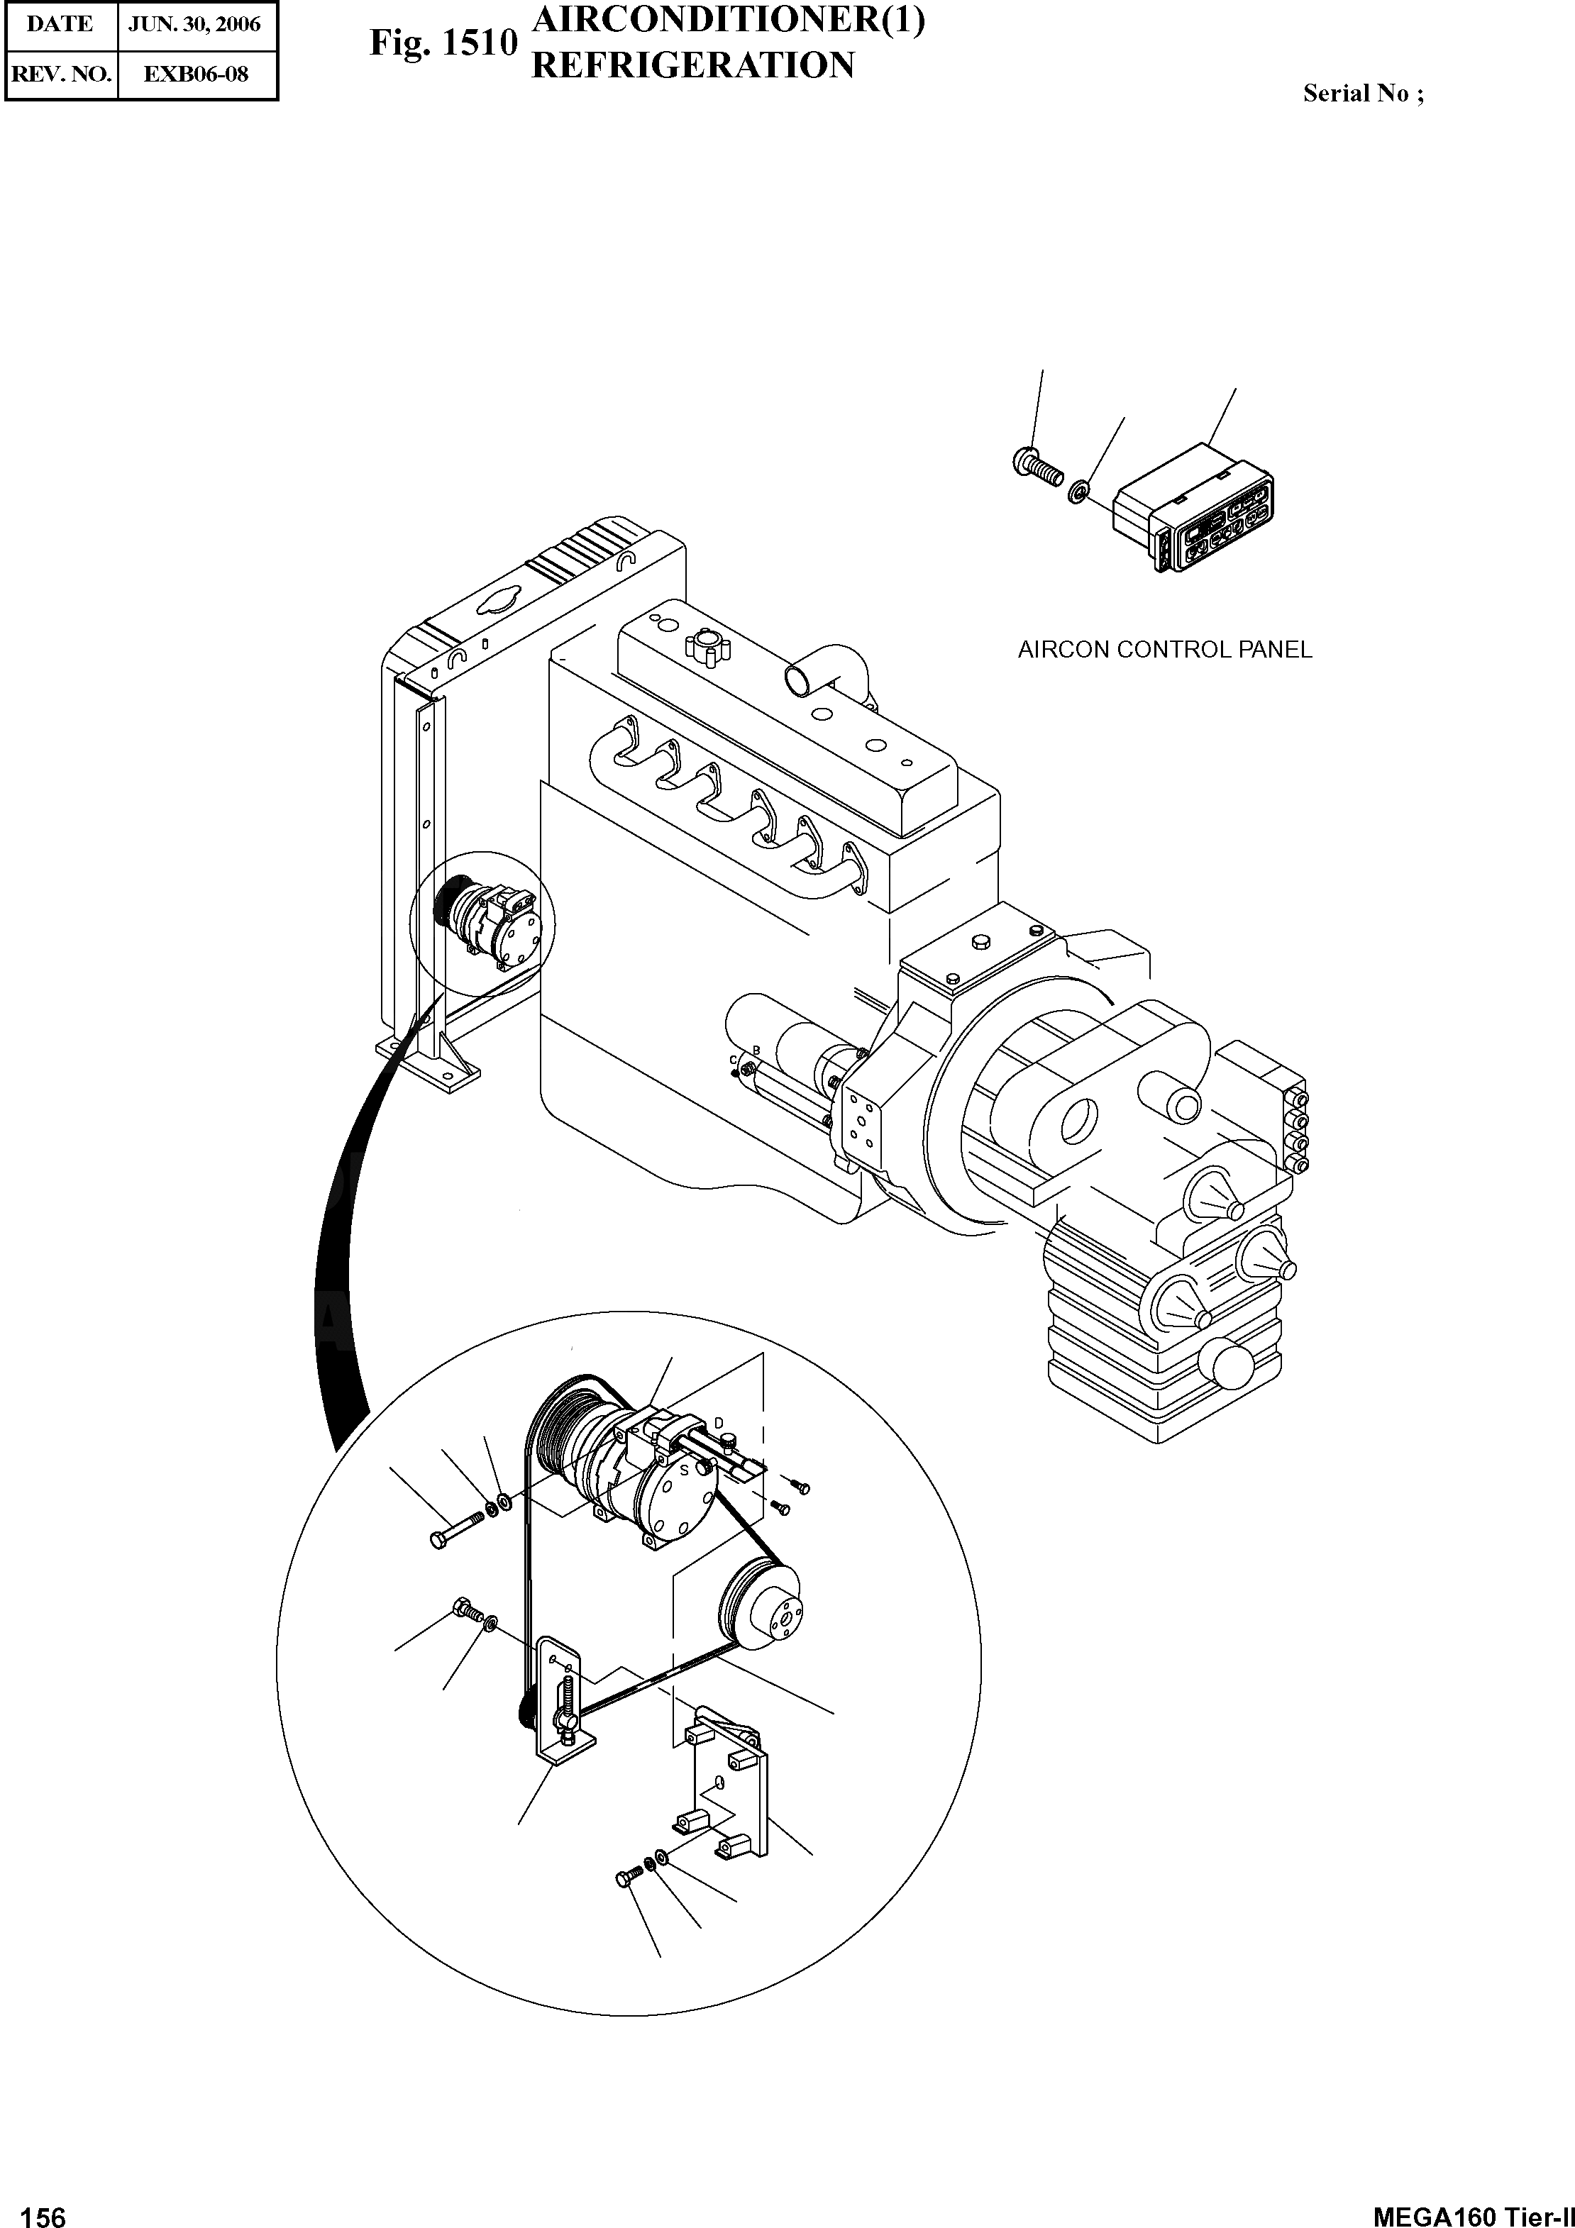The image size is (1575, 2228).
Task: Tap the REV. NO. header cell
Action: pyautogui.click(x=60, y=74)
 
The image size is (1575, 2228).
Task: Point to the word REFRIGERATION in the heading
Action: pyautogui.click(x=693, y=66)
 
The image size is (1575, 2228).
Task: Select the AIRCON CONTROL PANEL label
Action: pyautogui.click(x=1164, y=650)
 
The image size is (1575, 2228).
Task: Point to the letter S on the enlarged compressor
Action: pyautogui.click(x=683, y=1470)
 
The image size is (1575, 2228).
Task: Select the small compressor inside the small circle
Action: pyautogui.click(x=485, y=922)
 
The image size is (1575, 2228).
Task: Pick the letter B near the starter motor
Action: pyautogui.click(x=755, y=1051)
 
